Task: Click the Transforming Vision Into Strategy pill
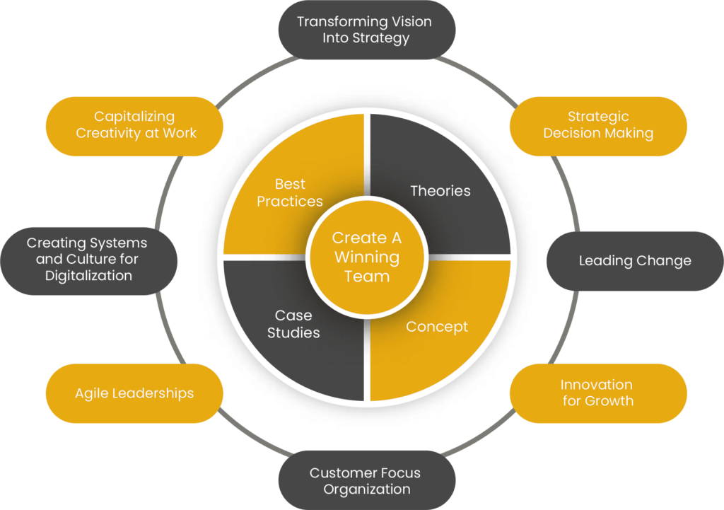(x=366, y=30)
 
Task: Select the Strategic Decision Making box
(x=598, y=125)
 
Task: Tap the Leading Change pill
(x=635, y=260)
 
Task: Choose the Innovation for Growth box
(x=597, y=393)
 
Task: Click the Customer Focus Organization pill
(x=366, y=481)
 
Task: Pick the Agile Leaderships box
(x=134, y=393)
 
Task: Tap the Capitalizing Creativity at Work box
(x=135, y=125)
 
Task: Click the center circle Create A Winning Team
(x=367, y=257)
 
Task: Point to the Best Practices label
(x=290, y=192)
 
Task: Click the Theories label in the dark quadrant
(x=440, y=191)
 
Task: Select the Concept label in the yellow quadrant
(x=437, y=327)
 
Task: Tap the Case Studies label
(x=293, y=324)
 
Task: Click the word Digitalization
(x=88, y=276)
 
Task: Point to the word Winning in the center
(x=367, y=257)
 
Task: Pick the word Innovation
(x=597, y=385)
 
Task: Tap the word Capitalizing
(x=134, y=117)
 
